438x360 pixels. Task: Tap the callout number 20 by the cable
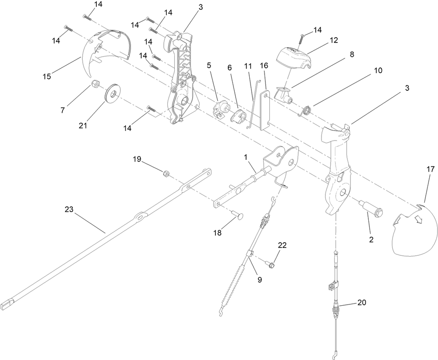point(362,303)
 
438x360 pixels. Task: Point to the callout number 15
point(47,76)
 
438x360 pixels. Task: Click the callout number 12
point(334,40)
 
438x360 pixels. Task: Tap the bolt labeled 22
point(271,264)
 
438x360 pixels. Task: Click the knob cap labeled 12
point(294,57)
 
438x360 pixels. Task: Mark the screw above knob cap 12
point(302,39)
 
